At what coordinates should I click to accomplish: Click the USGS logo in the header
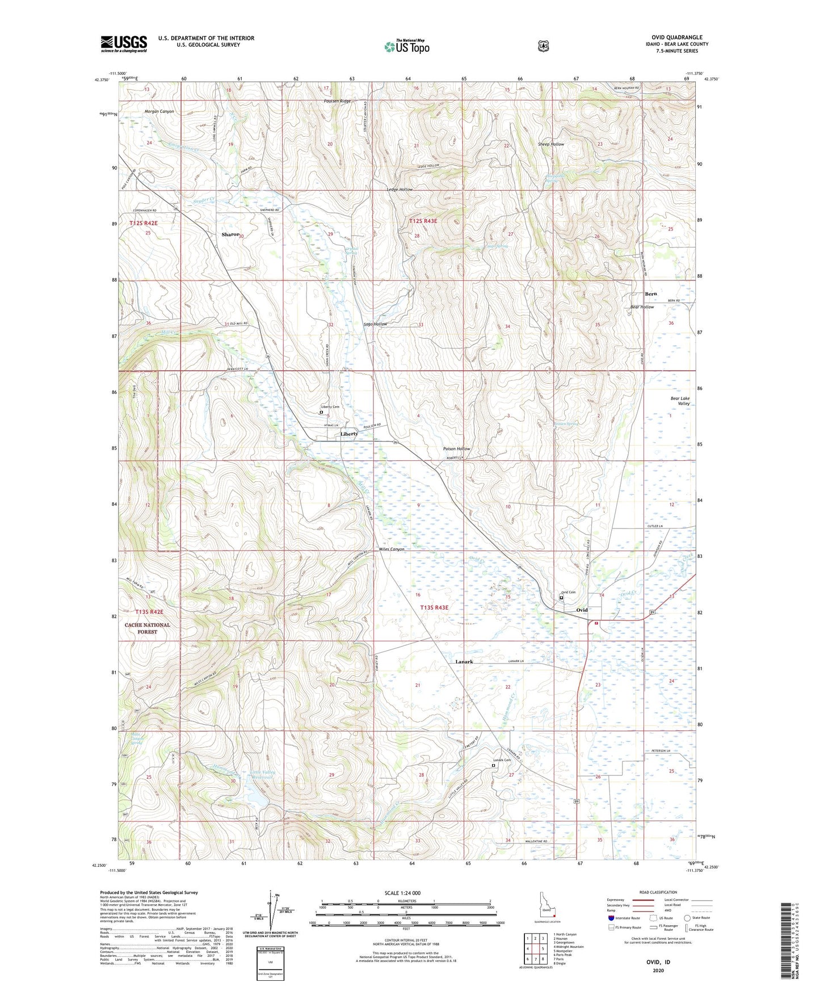pyautogui.click(x=124, y=44)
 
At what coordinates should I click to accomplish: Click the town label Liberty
pyautogui.click(x=349, y=434)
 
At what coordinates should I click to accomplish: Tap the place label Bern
pyautogui.click(x=650, y=294)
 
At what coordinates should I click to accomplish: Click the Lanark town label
pyautogui.click(x=464, y=662)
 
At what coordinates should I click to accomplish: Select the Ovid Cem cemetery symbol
pyautogui.click(x=562, y=597)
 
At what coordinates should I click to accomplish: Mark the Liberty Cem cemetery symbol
pyautogui.click(x=321, y=413)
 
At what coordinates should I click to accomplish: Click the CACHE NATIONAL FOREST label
pyautogui.click(x=148, y=628)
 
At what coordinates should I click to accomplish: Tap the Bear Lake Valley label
pyautogui.click(x=680, y=401)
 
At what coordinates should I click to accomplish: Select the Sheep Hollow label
pyautogui.click(x=550, y=144)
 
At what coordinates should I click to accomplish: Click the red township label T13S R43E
pyautogui.click(x=434, y=607)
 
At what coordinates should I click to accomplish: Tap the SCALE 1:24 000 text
pyautogui.click(x=402, y=893)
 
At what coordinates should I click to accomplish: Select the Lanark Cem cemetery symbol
pyautogui.click(x=493, y=765)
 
